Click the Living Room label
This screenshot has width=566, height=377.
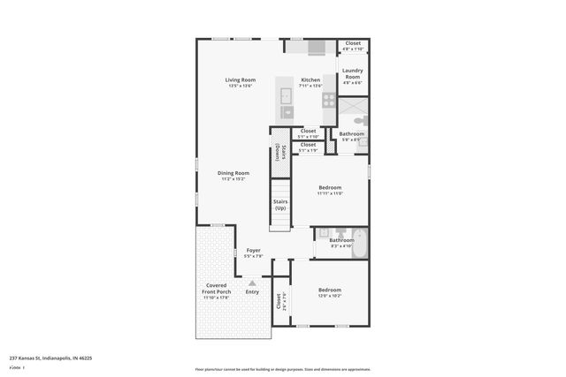click(x=240, y=79)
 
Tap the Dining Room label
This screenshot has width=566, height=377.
click(x=234, y=173)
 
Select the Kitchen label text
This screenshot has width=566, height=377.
click(x=310, y=79)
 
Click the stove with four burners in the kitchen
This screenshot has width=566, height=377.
click(x=328, y=100)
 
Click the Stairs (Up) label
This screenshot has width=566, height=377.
click(x=279, y=205)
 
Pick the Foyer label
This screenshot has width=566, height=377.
click(x=254, y=251)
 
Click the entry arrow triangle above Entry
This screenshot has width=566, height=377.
click(x=252, y=282)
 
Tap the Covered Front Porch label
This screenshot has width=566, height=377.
click(x=217, y=289)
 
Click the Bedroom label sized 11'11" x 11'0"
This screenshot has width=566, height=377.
click(x=330, y=188)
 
